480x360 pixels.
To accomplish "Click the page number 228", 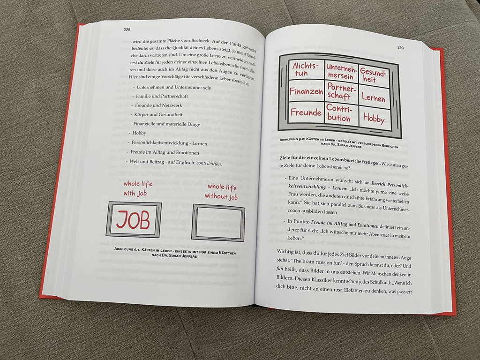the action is pos(127,30).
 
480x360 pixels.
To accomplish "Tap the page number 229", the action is pos(400,48).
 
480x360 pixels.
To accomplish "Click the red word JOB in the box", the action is pos(133,220).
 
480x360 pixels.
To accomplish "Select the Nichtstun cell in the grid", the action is pos(306,70).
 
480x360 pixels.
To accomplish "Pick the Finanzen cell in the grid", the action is pos(306,91).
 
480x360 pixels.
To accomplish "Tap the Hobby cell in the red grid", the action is pos(375,118).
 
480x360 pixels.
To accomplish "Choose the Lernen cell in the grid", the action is pos(374,97).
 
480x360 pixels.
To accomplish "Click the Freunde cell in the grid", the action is pos(306,112).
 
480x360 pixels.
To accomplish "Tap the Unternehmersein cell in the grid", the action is pos(341,72).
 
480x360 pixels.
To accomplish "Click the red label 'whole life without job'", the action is pos(222,192).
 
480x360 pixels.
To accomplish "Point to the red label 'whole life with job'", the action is pos(138,188).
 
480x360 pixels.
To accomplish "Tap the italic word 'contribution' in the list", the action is pos(209,164).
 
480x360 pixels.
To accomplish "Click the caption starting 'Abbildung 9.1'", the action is pos(175,253).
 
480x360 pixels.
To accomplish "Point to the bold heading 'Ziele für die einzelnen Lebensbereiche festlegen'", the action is pos(330,159).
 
